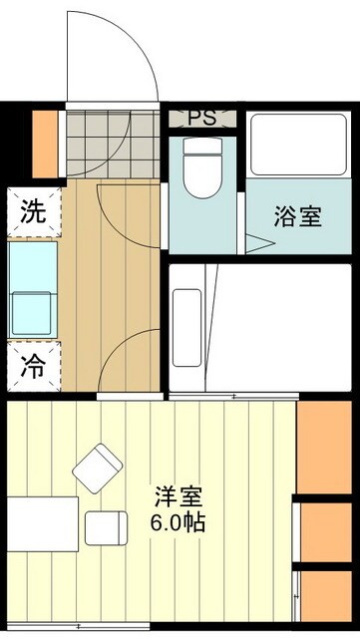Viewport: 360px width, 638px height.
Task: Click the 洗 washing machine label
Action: coord(33,211)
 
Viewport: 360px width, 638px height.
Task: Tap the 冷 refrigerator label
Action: coord(33,366)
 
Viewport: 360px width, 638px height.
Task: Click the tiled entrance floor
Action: coord(112,143)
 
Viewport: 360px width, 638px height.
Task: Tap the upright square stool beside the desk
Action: coord(106,526)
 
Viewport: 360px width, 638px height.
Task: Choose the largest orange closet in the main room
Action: coord(326,445)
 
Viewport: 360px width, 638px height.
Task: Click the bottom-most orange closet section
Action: coord(326,598)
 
